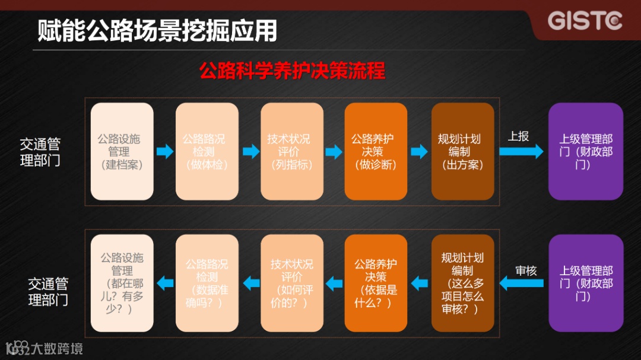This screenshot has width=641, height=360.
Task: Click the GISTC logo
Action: tap(585, 20)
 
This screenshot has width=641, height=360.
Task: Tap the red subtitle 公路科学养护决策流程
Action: tap(292, 71)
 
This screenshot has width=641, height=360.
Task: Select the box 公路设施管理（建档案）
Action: tap(122, 151)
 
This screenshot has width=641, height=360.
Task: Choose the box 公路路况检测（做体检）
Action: tap(207, 151)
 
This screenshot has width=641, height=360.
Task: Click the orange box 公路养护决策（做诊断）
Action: tap(376, 151)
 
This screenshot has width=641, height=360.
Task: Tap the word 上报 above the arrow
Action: tap(518, 136)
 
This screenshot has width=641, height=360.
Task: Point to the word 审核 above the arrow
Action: tap(526, 271)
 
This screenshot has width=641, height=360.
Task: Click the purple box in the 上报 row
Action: tap(585, 151)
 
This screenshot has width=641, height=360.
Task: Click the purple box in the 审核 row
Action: tap(585, 283)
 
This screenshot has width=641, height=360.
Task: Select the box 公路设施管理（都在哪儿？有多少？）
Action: tap(122, 283)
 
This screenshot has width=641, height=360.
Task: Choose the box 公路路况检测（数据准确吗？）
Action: tap(207, 283)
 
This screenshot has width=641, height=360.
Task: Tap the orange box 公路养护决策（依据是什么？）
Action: tap(376, 283)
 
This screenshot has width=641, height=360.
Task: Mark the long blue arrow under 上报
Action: tap(521, 152)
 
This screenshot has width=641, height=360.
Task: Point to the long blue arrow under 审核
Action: tap(522, 283)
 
